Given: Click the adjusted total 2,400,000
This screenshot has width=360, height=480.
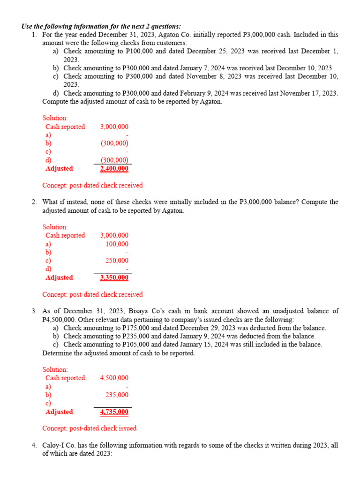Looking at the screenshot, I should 114,169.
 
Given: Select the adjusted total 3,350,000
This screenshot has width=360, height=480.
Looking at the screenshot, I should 114,277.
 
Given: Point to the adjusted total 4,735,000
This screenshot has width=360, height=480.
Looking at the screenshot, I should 114,412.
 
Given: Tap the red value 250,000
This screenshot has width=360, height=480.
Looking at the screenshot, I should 117,261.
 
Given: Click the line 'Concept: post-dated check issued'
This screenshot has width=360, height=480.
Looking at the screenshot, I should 89,428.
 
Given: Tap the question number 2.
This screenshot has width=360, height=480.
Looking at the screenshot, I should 34,202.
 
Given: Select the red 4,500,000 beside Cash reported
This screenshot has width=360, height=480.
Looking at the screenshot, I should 114,378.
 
